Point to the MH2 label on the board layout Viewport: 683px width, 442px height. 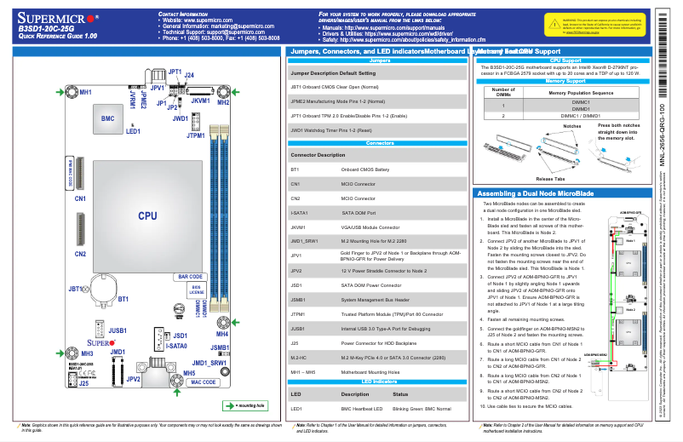(222, 102)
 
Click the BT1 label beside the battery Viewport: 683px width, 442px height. (123, 299)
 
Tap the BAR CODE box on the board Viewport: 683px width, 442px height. (189, 277)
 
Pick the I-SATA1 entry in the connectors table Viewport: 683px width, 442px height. (300, 212)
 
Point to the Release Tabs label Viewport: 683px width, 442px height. (550, 179)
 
